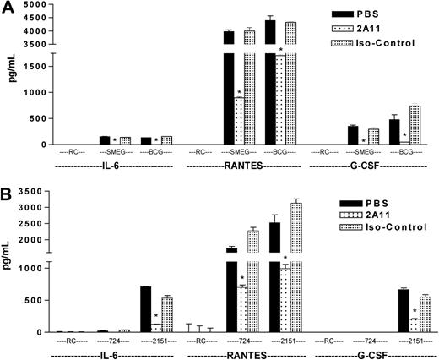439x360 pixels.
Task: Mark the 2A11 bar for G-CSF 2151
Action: pyautogui.click(x=414, y=325)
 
